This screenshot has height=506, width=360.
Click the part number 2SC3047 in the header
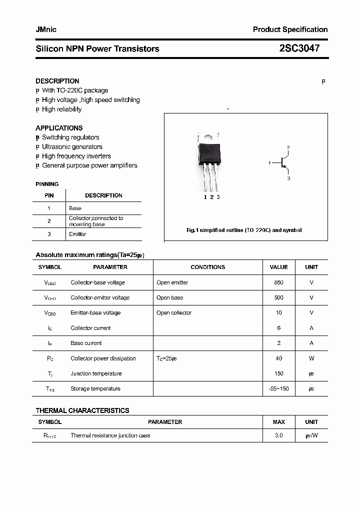[299, 48]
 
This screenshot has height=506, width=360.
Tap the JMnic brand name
[46, 29]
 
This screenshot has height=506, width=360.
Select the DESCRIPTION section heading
[57, 81]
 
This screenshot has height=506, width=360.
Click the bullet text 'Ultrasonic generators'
[72, 147]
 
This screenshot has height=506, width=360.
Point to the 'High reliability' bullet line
[61, 109]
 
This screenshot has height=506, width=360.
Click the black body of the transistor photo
[209, 152]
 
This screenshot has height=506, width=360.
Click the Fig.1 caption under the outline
[244, 230]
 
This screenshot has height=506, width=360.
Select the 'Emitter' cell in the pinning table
[77, 234]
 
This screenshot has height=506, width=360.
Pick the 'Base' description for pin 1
[75, 208]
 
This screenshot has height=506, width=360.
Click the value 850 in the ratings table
[278, 282]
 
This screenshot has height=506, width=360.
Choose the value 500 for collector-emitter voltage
[278, 297]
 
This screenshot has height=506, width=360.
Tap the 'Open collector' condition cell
[174, 313]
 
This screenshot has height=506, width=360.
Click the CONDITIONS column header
[208, 267]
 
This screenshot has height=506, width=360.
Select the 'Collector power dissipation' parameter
[103, 358]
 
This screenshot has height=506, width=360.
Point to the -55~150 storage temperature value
[278, 389]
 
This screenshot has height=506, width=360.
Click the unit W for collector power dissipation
[311, 358]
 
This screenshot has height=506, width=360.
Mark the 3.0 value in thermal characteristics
[278, 435]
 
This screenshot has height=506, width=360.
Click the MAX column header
[278, 422]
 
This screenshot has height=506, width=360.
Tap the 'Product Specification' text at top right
[290, 29]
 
